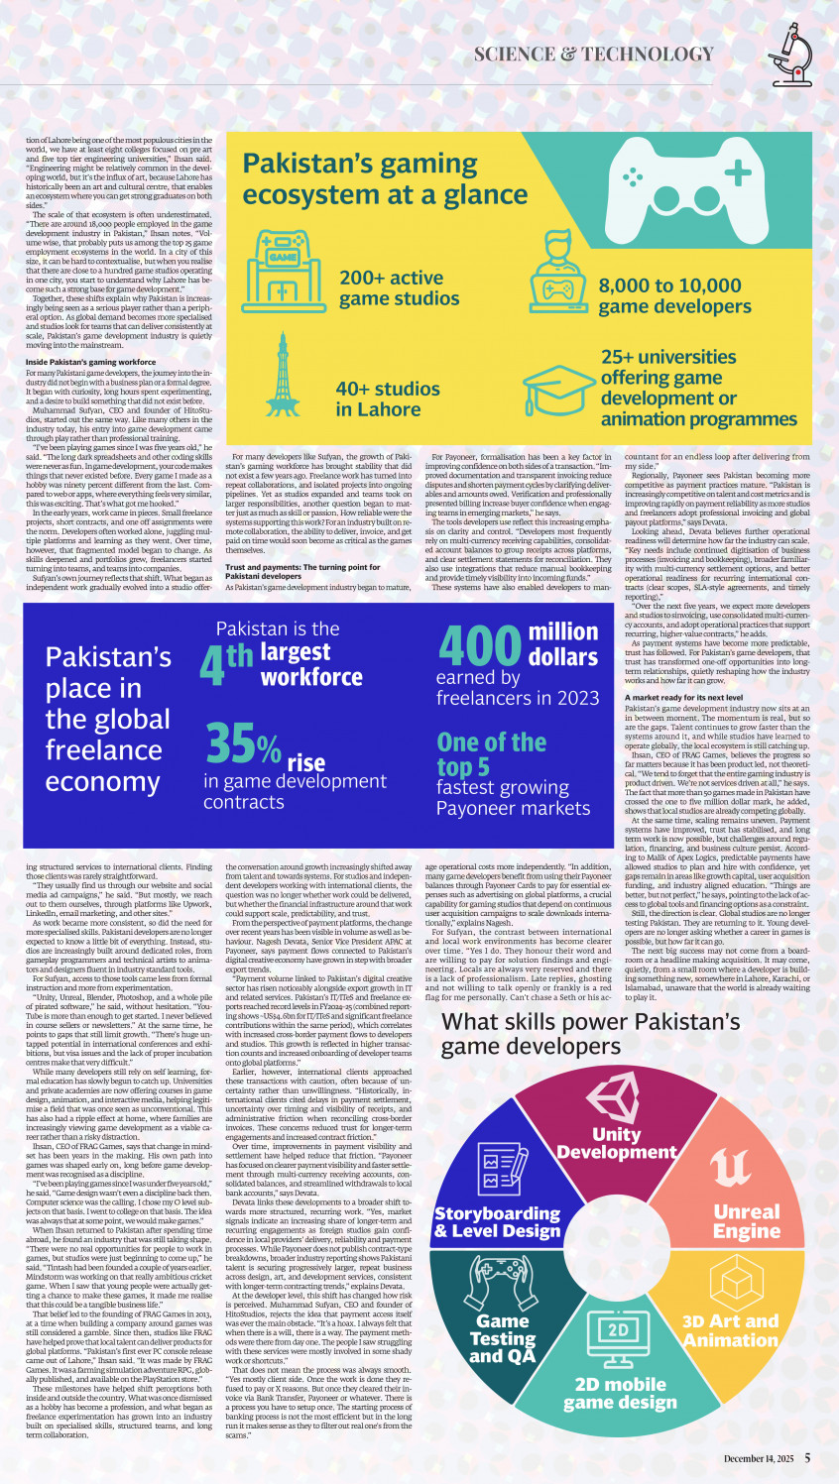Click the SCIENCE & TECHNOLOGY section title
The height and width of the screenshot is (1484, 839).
[593, 55]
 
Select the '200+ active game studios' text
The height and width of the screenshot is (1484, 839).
[399, 288]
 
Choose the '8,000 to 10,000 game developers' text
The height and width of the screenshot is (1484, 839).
[673, 296]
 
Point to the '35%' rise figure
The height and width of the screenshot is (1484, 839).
[242, 744]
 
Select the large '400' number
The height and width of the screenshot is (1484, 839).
[479, 645]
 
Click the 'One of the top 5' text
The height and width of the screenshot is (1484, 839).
[491, 754]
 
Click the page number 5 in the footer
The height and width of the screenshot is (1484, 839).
[807, 1458]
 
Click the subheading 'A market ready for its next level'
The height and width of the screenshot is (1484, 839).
[683, 698]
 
